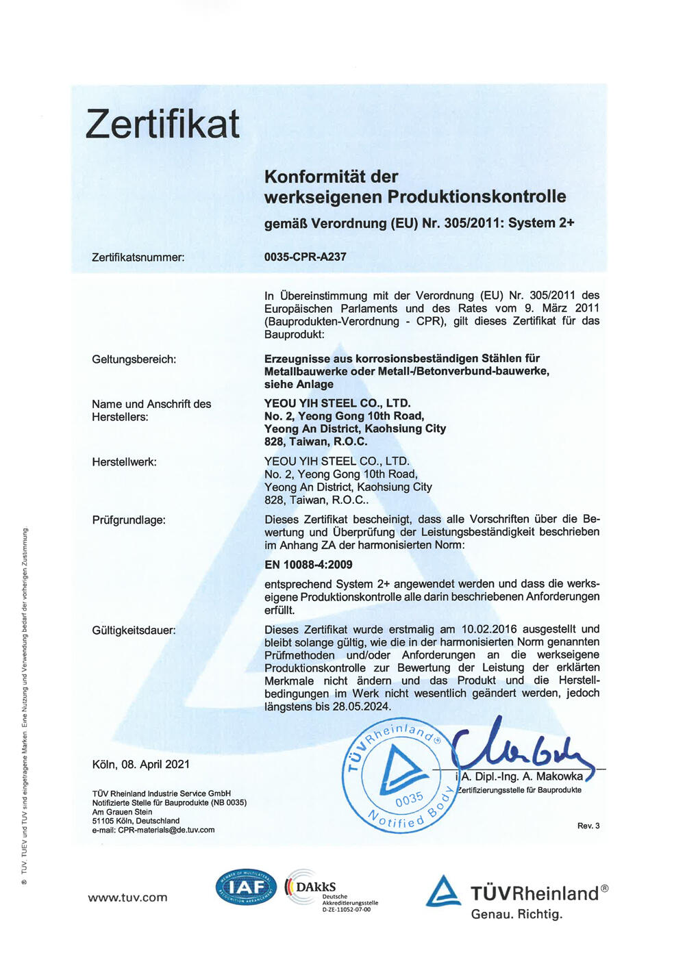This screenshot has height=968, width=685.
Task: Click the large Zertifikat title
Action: [x=163, y=125]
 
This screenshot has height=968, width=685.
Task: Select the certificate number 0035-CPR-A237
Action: [x=306, y=257]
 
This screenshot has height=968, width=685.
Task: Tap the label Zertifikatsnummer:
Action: [x=138, y=258]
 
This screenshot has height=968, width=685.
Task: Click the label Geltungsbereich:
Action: [x=134, y=359]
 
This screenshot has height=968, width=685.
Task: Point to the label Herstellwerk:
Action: [x=125, y=462]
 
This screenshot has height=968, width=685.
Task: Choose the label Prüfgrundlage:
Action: [x=129, y=520]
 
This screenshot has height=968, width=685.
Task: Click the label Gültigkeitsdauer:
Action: [x=134, y=631]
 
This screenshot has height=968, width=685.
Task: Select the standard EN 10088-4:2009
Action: [x=308, y=565]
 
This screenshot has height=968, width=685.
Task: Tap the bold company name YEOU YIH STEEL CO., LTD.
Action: [x=338, y=404]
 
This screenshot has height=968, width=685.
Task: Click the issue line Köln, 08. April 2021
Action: [x=141, y=765]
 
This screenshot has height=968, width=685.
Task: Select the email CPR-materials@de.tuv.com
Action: [x=166, y=830]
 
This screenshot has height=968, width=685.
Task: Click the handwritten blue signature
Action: [x=521, y=748]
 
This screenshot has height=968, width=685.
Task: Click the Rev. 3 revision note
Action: [x=588, y=826]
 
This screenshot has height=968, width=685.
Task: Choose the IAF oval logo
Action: [x=246, y=888]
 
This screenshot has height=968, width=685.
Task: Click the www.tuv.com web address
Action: [x=127, y=898]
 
